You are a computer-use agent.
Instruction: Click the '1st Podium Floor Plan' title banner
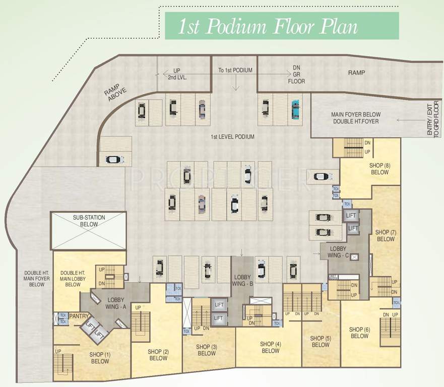coord(282,26)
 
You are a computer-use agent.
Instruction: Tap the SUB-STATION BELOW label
coord(89,221)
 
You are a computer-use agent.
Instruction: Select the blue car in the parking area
coord(294,109)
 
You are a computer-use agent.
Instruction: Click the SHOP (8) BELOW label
coord(379,169)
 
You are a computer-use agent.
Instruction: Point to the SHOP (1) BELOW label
coord(100,358)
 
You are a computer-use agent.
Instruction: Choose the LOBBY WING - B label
coord(243,281)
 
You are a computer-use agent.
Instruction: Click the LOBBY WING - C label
coord(338,252)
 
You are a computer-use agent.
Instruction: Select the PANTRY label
coord(79,316)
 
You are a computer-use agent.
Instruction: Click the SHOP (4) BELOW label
coord(271,348)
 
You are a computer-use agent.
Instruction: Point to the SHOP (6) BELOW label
coord(359,333)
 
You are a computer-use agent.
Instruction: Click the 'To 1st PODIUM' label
coord(235,71)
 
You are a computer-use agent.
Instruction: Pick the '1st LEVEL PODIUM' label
coord(232,137)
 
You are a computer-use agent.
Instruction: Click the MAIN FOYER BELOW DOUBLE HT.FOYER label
coord(356,118)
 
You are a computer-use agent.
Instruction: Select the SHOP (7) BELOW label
coord(386,236)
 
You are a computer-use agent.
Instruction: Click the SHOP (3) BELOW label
coord(207,350)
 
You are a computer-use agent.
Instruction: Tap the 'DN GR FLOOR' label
coord(296,76)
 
